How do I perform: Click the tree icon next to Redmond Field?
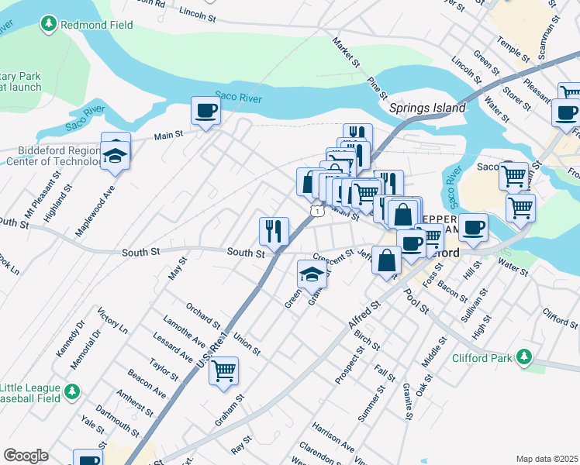(x=49, y=25)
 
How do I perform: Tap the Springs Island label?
(x=427, y=108)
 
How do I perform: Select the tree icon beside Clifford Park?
(x=525, y=357)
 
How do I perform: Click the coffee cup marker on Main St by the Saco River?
(x=205, y=111)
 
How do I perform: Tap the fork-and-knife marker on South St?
(x=274, y=230)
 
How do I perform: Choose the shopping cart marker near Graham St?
(x=223, y=371)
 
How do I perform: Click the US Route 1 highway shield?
(x=316, y=211)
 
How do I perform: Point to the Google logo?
(x=26, y=455)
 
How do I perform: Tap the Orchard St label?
(x=203, y=319)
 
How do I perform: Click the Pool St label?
(x=416, y=303)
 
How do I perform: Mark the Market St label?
(x=346, y=51)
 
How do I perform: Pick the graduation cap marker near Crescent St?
(x=312, y=274)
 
